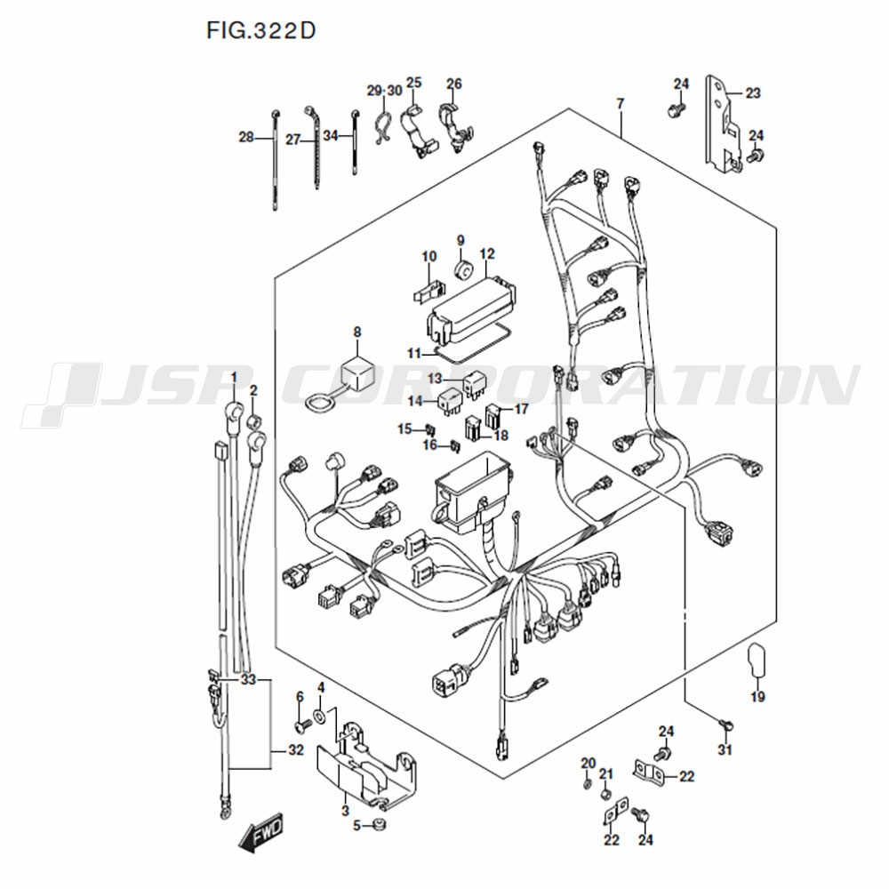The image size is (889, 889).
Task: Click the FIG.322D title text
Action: pos(260,30)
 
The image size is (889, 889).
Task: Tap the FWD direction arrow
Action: pos(260,835)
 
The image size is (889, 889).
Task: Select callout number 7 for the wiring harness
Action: pos(621,104)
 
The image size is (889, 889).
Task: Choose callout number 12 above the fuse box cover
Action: pos(487,253)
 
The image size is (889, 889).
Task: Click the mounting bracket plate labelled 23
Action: pos(723,123)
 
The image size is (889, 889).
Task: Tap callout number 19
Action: pos(758,696)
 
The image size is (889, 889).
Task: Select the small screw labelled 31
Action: pos(725,725)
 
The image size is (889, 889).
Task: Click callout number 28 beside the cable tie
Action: pos(246,137)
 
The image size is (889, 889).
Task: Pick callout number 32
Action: pos(296,750)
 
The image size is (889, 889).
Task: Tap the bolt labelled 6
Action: pos(303,725)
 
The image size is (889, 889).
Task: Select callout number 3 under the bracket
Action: pos(345,811)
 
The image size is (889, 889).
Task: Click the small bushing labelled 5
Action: pos(378,824)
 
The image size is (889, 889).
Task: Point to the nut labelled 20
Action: pos(588,785)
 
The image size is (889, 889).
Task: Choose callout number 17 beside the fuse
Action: pos(521,408)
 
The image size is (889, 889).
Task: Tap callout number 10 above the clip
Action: pos(429,256)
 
